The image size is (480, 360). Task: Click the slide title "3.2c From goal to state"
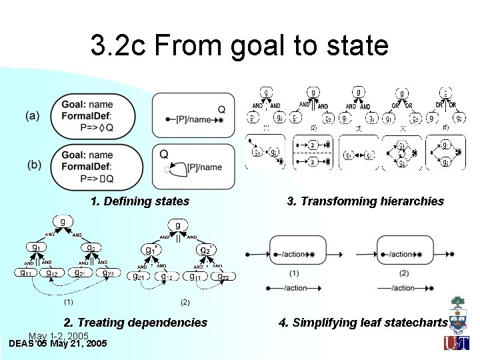pos(239,45)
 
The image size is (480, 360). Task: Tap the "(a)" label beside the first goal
pos(33,115)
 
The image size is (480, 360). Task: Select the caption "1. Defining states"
pos(140,201)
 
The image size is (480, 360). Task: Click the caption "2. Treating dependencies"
pos(135,323)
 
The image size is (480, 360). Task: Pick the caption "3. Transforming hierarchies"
pos(365,201)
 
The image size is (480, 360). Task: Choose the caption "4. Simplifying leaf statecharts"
pos(363,323)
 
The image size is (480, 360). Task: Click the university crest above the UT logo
pos(458,313)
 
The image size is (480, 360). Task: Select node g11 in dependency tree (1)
pos(25,273)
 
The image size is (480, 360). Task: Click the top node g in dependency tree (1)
pos(63,222)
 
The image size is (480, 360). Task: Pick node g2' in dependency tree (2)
pos(206,250)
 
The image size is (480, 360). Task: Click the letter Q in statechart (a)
pos(221,109)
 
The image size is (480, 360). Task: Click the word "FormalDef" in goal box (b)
pos(87,166)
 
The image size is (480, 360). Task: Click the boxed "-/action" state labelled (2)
pos(405,254)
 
